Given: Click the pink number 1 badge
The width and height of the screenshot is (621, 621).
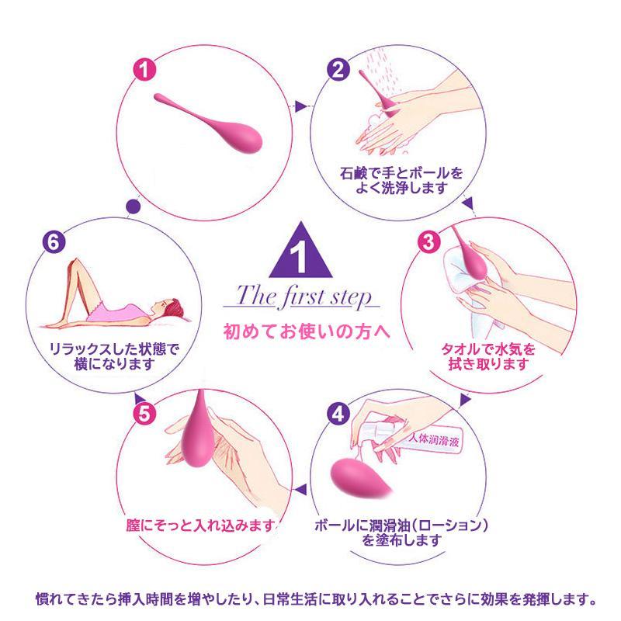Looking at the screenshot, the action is (144, 69).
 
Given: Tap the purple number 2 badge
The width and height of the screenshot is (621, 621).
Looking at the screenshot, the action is (338, 69).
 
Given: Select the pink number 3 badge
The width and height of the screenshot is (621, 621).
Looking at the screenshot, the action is (429, 241).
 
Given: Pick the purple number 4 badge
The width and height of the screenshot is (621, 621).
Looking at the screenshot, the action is (338, 414).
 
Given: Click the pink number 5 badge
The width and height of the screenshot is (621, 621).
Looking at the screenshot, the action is (144, 414).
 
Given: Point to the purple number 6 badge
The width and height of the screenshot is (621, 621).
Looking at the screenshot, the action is (54, 241).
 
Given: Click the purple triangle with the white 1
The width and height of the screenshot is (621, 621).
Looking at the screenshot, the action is (301, 250).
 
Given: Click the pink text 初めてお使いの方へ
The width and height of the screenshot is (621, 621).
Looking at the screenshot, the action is (307, 331).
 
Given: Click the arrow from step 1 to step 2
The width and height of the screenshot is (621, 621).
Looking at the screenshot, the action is (300, 106).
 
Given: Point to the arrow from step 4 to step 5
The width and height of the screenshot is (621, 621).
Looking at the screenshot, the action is (300, 490).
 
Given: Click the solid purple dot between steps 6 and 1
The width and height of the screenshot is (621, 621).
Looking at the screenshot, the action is (133, 206).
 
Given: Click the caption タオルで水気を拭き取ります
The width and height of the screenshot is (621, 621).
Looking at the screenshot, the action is (488, 356).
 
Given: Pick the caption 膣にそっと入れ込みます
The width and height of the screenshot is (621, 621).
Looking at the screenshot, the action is (200, 526).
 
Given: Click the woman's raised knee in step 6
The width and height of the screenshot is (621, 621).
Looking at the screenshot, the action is (76, 262).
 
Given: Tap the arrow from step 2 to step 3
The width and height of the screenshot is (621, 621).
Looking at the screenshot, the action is (468, 203).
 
